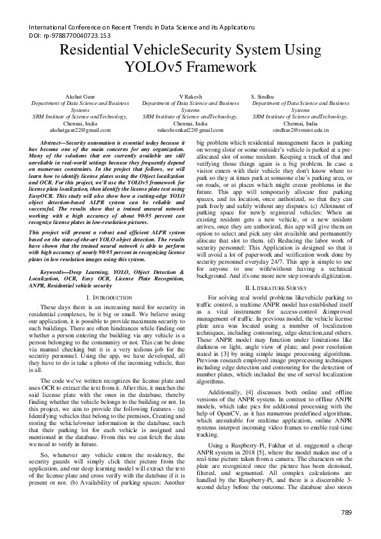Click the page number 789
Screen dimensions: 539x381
(x=346, y=512)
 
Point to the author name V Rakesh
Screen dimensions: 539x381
(x=191, y=95)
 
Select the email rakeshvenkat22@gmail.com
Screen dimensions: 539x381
(x=191, y=129)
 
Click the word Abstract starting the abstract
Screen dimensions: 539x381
(x=52, y=140)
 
